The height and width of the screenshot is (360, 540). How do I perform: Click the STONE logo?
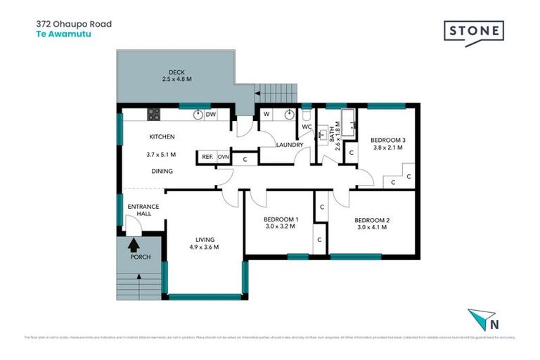(x=473, y=32)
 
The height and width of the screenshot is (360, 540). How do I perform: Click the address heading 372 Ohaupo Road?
(x=74, y=24)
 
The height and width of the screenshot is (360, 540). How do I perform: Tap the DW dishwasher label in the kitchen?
(x=211, y=114)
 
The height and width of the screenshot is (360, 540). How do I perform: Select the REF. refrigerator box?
(x=207, y=157)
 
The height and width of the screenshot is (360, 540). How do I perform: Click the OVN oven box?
(x=224, y=157)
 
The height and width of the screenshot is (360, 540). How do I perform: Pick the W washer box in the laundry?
(x=267, y=114)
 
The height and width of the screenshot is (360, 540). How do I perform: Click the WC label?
(x=307, y=127)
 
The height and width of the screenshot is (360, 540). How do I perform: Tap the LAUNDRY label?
(x=290, y=146)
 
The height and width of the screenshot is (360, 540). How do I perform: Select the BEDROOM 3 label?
(x=389, y=139)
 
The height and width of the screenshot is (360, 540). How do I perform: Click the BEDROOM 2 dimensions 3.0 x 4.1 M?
(x=372, y=227)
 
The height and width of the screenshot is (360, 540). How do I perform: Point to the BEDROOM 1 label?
(x=281, y=219)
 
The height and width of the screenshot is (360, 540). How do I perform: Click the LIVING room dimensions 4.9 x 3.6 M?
(x=205, y=247)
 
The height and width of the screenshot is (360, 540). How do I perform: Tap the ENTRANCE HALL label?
(x=143, y=210)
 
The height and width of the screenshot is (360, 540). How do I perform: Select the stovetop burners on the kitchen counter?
(x=154, y=114)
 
